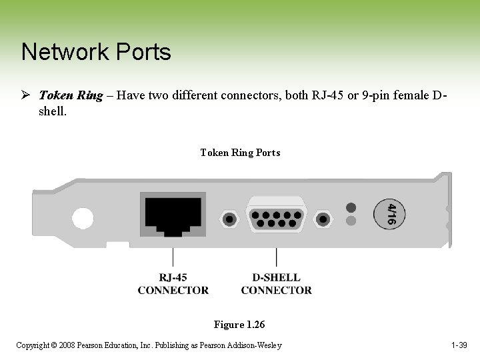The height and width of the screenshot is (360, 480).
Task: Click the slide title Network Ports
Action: [96, 52]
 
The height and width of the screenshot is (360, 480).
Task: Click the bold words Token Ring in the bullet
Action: [71, 95]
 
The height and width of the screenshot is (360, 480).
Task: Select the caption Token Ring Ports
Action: [240, 153]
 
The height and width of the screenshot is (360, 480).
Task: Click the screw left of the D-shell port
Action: [229, 218]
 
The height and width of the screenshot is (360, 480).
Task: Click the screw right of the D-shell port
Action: [323, 218]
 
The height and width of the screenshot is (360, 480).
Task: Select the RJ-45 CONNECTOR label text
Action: [173, 284]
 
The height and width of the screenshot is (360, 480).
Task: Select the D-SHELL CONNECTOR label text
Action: [276, 284]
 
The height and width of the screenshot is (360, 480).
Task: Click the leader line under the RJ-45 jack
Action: [173, 257]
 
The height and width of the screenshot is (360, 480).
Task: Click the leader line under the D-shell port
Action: [276, 257]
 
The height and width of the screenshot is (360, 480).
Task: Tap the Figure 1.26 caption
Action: [239, 325]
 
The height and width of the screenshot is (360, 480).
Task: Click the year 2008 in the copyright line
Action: [67, 345]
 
